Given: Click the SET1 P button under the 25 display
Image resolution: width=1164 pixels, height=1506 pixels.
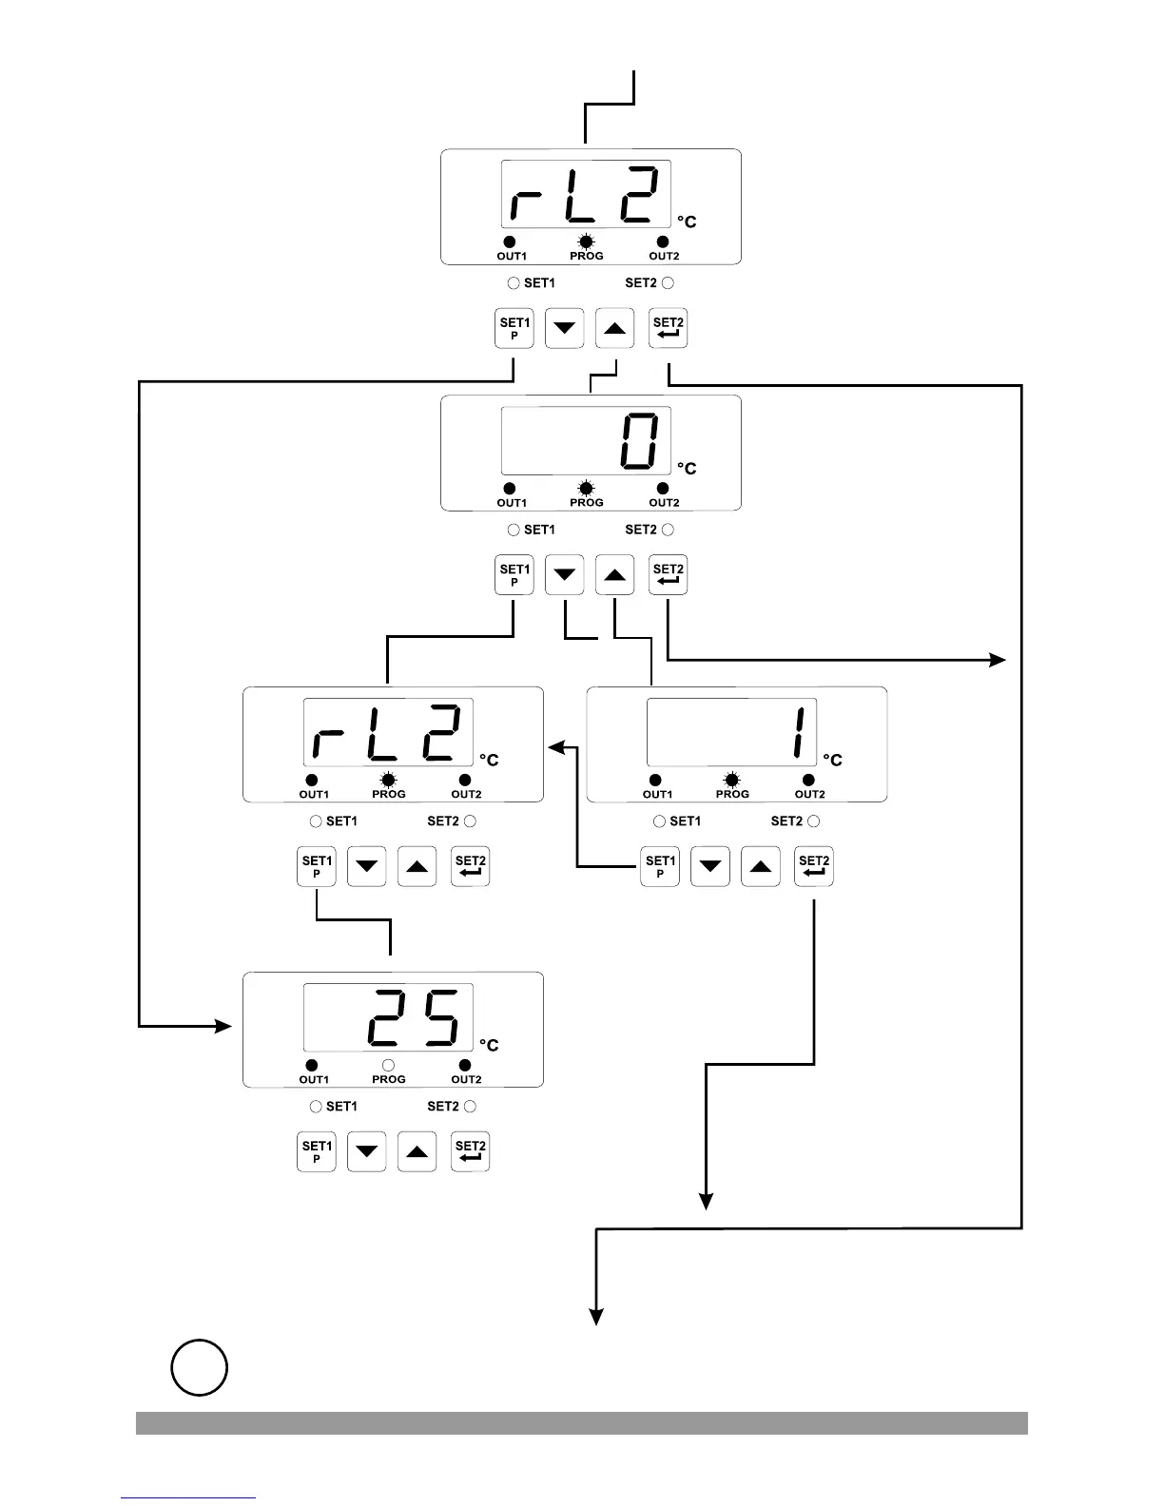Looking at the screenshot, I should [317, 1151].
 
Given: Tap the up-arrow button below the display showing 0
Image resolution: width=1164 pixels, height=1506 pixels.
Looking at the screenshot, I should [614, 575].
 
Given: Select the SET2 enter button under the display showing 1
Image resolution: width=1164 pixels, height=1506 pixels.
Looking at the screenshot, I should [814, 866].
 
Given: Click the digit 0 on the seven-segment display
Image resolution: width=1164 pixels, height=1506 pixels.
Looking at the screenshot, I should [637, 441].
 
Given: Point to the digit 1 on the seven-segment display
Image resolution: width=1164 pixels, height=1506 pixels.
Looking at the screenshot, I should [801, 732].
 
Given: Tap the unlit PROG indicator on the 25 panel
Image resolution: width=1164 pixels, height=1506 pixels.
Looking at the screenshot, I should [388, 1066].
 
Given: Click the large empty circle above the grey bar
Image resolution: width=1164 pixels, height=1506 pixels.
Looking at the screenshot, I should [200, 1367].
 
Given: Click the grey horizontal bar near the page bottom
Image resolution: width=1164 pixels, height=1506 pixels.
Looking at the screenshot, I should [581, 1422].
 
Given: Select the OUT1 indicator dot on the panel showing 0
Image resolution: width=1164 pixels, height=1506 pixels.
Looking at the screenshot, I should [510, 489].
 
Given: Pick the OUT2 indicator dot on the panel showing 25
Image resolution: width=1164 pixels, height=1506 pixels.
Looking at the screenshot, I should [465, 1066].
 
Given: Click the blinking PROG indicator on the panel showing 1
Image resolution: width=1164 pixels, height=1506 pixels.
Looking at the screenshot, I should [731, 781].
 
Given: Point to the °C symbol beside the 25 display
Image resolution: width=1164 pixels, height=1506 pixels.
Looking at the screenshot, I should [489, 1045].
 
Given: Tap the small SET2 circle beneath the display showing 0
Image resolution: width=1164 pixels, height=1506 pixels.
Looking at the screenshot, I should [668, 530].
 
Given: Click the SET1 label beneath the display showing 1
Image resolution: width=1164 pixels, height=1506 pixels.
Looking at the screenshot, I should [685, 821].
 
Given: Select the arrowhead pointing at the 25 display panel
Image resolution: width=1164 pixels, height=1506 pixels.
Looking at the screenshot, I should [225, 1026].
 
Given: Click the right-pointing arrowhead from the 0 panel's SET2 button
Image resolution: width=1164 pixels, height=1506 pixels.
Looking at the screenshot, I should [998, 659].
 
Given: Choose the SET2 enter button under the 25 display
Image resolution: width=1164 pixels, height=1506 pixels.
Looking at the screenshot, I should [470, 1151].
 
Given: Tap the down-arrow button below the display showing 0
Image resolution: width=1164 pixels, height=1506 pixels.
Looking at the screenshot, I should [565, 575].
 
